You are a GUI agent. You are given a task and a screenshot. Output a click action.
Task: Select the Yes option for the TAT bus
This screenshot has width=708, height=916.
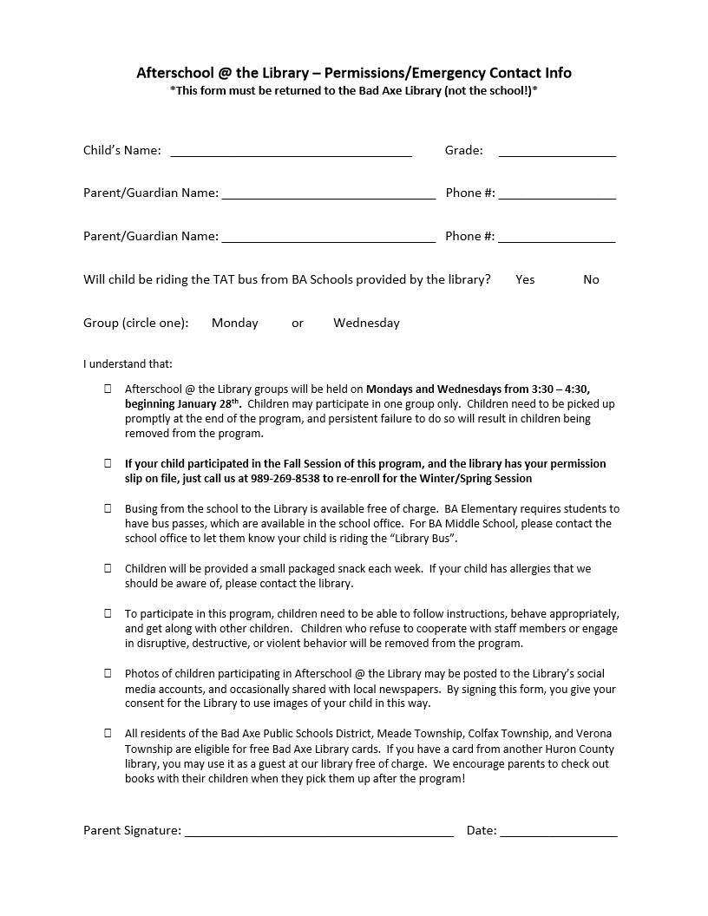pyautogui.click(x=525, y=279)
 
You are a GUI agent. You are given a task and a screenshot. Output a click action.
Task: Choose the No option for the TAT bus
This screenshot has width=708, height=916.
pyautogui.click(x=591, y=279)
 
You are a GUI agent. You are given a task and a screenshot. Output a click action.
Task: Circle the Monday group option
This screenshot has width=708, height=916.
pyautogui.click(x=234, y=323)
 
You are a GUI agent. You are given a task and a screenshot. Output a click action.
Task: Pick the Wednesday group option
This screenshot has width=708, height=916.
pyautogui.click(x=366, y=323)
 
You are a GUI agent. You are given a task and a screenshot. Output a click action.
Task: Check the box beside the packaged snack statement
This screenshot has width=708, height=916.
pyautogui.click(x=108, y=568)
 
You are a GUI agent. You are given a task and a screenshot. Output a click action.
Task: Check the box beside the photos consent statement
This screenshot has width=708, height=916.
pyautogui.click(x=108, y=673)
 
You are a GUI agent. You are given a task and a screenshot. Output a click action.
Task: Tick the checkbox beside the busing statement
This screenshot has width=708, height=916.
pyautogui.click(x=108, y=508)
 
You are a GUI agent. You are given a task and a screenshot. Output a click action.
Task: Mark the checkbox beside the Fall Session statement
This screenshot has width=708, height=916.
pyautogui.click(x=108, y=463)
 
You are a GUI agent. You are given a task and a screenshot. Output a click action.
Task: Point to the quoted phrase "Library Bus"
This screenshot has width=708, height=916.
pyautogui.click(x=421, y=539)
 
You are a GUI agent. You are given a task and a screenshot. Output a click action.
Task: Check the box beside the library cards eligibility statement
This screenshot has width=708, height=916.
pyautogui.click(x=108, y=733)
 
